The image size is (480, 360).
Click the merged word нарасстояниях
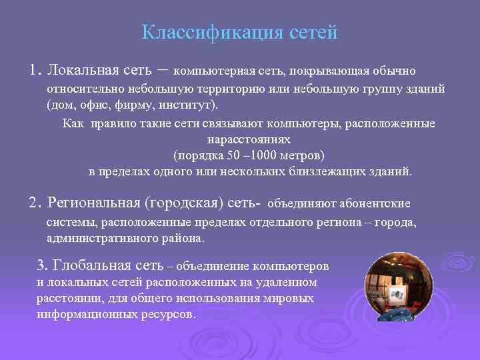click(249, 141)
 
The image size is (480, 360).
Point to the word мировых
click(293, 298)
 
